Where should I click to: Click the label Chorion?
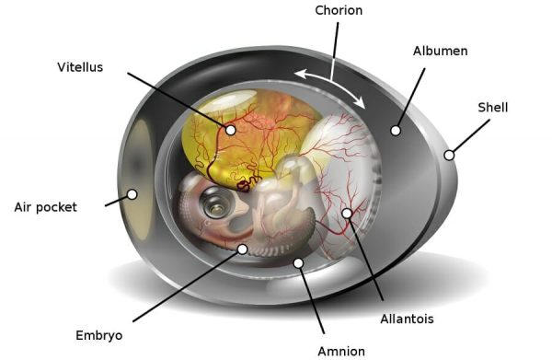[x=339, y=11]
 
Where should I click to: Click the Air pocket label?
[x=45, y=206]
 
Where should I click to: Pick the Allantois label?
[x=407, y=319]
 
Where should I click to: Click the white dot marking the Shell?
[x=449, y=155]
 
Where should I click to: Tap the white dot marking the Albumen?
[x=396, y=131]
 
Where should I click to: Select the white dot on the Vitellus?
[x=230, y=130]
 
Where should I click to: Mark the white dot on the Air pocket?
[x=132, y=194]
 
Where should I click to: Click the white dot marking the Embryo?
[x=242, y=249]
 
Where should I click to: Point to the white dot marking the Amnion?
[x=298, y=263]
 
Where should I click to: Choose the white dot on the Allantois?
[x=347, y=214]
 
